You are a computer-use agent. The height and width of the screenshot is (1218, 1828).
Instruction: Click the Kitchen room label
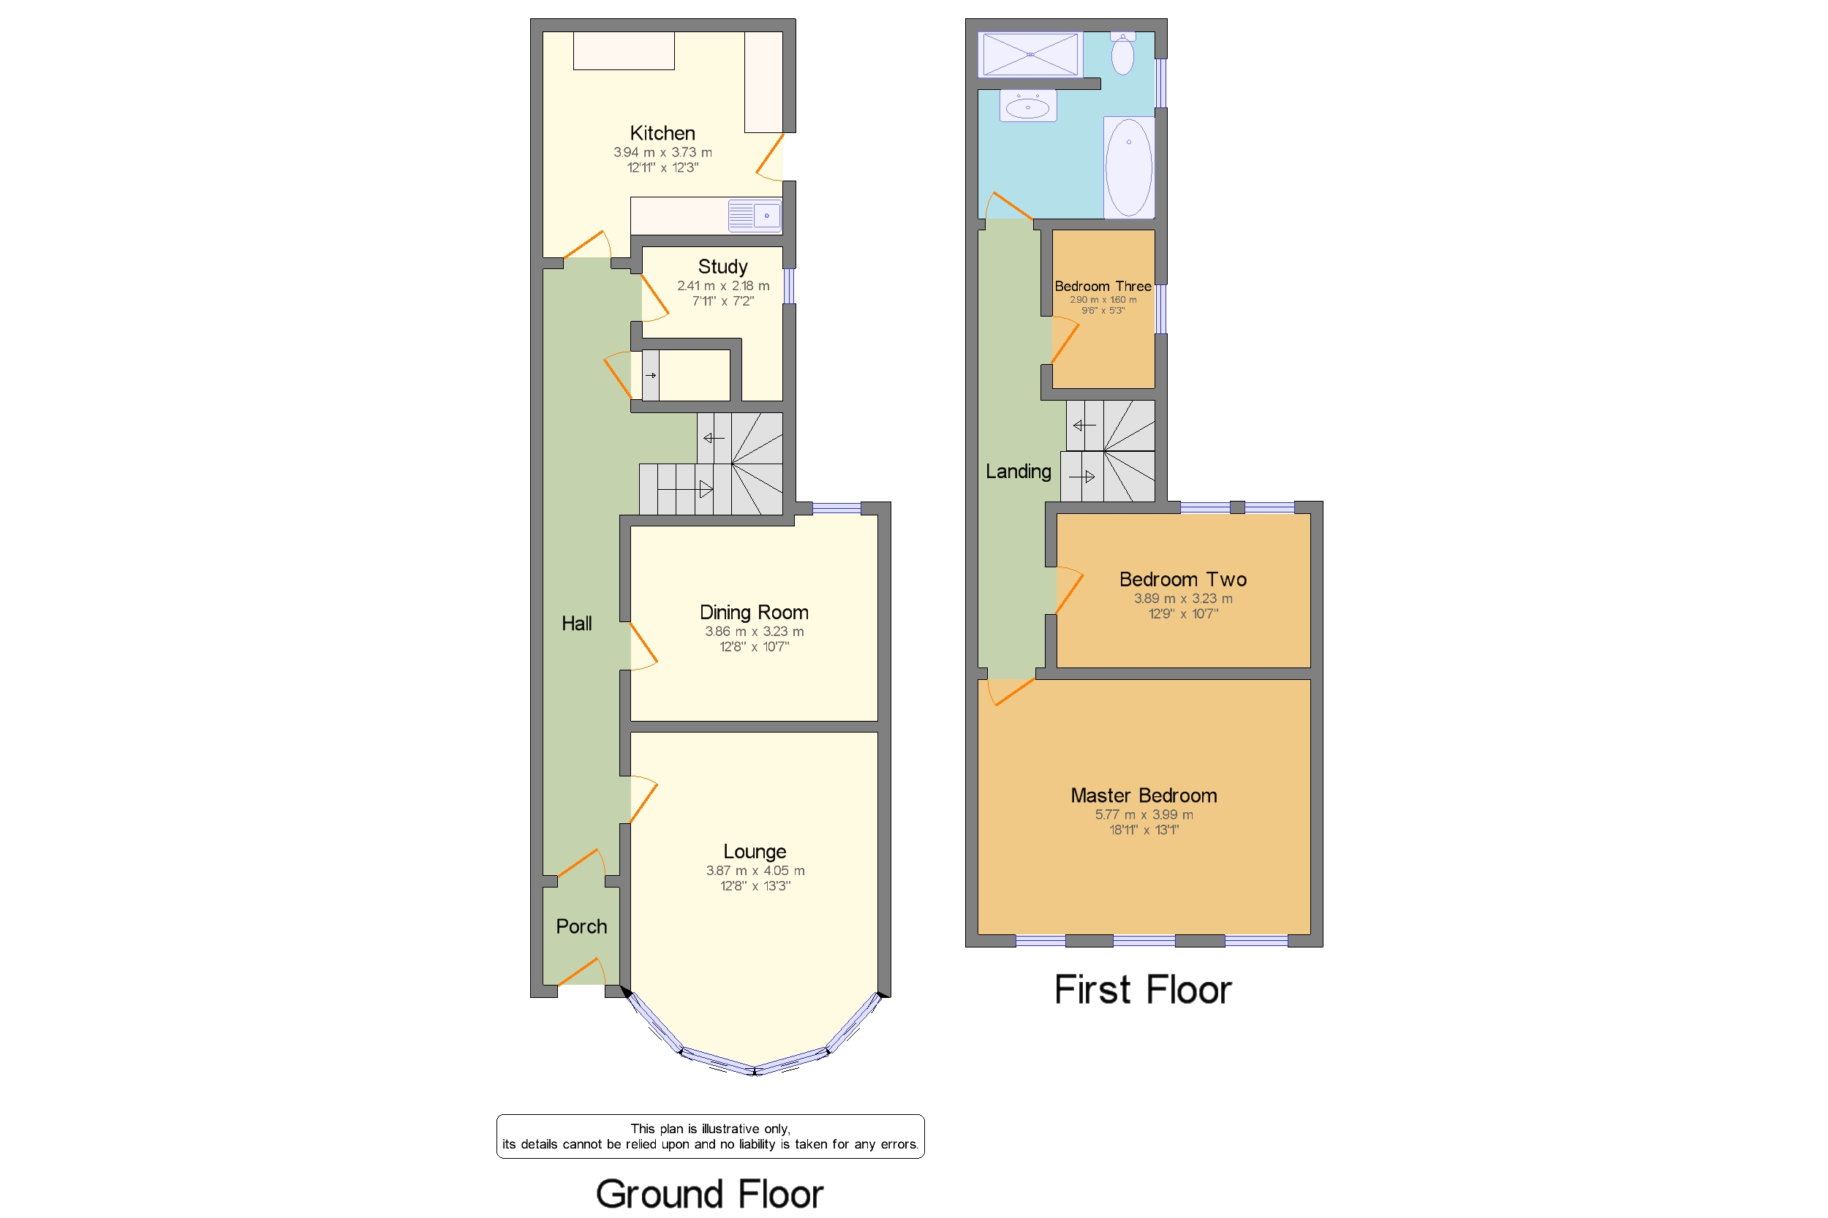(662, 133)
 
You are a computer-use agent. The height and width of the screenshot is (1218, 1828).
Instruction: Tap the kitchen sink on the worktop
(755, 215)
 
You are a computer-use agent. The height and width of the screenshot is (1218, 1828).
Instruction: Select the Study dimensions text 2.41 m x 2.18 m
(722, 286)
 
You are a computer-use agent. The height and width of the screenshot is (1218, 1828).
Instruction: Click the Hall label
(576, 623)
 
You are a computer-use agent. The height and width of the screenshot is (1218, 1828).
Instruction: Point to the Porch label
(581, 926)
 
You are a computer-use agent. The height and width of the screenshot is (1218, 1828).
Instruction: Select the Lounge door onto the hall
(643, 800)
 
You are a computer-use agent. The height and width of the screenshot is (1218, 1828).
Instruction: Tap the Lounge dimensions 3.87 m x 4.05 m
(755, 871)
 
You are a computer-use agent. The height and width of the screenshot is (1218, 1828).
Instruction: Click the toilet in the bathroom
(1122, 53)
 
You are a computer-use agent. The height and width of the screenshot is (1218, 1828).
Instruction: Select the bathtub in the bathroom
(1128, 167)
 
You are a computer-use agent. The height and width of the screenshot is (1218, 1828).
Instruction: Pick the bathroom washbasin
(1027, 107)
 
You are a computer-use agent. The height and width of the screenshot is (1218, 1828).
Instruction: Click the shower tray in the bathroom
(1030, 54)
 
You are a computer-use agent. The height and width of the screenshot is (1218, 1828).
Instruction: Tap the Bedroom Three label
(1103, 286)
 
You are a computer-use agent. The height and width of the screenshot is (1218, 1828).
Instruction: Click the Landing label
(1018, 471)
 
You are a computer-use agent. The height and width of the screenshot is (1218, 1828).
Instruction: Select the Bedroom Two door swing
(1069, 591)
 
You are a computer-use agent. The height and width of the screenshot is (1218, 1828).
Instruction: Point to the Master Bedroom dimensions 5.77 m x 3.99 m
(1144, 814)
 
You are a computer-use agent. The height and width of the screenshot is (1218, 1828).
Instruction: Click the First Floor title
(1142, 990)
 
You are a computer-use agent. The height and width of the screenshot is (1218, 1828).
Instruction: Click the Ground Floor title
(709, 1193)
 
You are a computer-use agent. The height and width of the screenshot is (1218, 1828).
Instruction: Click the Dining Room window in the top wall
(836, 508)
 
